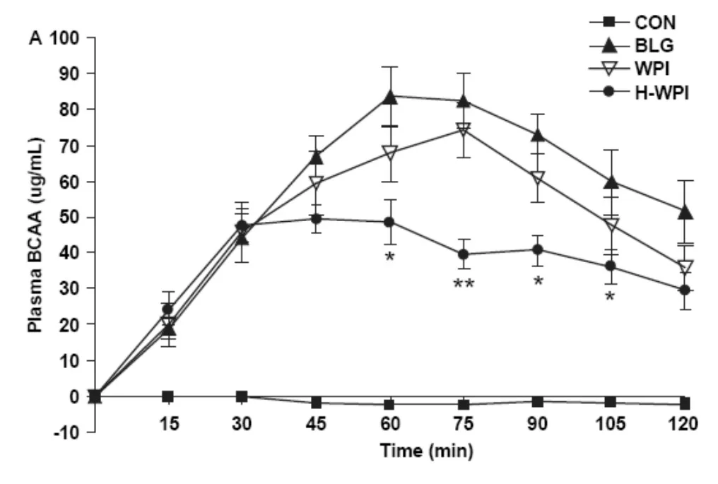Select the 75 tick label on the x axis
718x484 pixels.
(x=463, y=423)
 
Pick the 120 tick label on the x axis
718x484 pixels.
(x=684, y=423)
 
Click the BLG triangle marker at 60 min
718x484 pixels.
(x=390, y=97)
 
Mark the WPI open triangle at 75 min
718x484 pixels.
(x=464, y=130)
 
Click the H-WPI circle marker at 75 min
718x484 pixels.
(x=464, y=254)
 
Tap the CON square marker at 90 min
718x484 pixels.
(x=537, y=401)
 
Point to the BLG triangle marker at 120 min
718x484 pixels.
(x=684, y=211)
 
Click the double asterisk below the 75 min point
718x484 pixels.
(x=464, y=284)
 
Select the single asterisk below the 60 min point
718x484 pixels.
(x=389, y=256)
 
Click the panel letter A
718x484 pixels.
(x=33, y=38)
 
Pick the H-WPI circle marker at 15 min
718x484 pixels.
(x=167, y=309)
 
